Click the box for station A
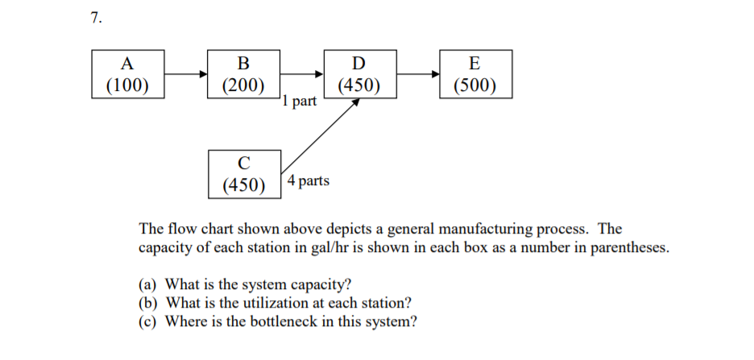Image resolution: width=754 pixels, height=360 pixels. pos(126,73)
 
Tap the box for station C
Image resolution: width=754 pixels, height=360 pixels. pos(244,172)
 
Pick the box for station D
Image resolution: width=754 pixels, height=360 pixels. pos(358,73)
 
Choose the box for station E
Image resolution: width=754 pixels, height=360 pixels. pos(474,73)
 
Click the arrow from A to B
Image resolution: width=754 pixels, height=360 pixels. pos(185,74)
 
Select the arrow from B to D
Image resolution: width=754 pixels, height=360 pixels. pos(302,74)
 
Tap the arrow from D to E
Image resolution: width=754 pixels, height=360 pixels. pos(417,74)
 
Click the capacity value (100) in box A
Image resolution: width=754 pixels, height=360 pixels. pos(126,85)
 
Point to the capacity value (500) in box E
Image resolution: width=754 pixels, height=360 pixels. pos(474,85)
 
